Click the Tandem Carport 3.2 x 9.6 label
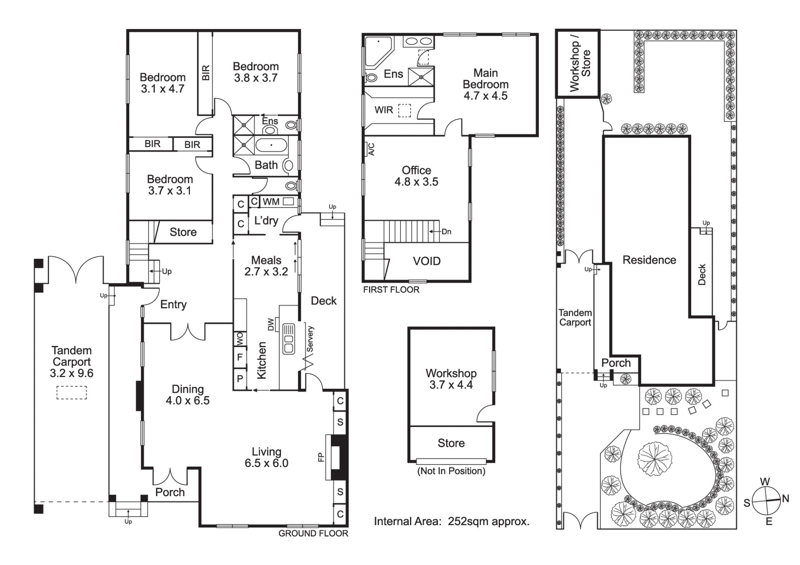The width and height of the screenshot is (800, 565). pyautogui.click(x=71, y=362)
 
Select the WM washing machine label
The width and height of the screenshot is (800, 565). pyautogui.click(x=271, y=202)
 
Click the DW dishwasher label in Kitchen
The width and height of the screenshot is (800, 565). pyautogui.click(x=271, y=325)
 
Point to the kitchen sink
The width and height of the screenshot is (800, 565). pyautogui.click(x=289, y=338)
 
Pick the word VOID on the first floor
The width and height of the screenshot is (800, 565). pyautogui.click(x=426, y=261)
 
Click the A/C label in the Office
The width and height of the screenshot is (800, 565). pyautogui.click(x=371, y=149)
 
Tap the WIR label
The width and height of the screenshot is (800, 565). pyautogui.click(x=383, y=110)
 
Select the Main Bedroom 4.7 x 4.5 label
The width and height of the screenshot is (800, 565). pyautogui.click(x=485, y=84)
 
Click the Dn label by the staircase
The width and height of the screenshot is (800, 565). pyautogui.click(x=446, y=232)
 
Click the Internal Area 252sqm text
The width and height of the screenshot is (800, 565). pyautogui.click(x=452, y=521)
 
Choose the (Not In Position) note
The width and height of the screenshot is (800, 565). pyautogui.click(x=451, y=471)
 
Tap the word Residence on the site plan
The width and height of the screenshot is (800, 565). pyautogui.click(x=649, y=260)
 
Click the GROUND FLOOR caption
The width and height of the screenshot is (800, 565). pyautogui.click(x=313, y=533)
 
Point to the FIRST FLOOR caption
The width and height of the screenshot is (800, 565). pyautogui.click(x=391, y=290)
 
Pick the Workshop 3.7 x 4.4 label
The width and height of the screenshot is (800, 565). pyautogui.click(x=451, y=379)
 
